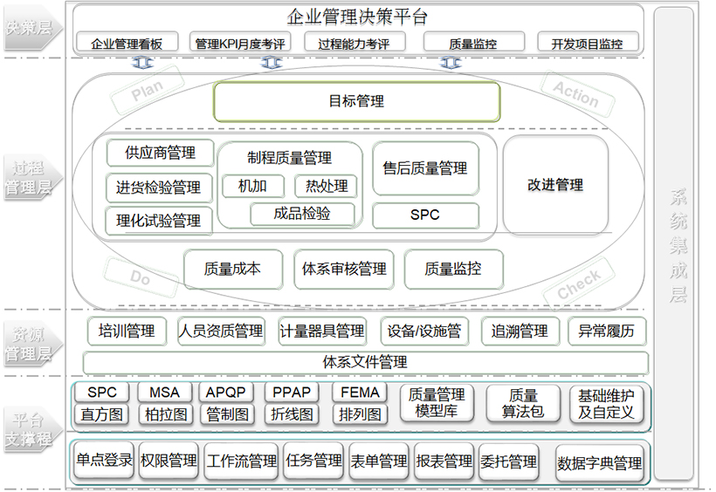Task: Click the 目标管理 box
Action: click(x=356, y=101)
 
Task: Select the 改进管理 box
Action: click(x=555, y=185)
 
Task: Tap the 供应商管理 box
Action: click(x=161, y=153)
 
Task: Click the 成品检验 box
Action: click(x=302, y=213)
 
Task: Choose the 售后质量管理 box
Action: click(x=425, y=168)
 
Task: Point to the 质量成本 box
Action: click(x=232, y=270)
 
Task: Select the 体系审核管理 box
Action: click(x=343, y=270)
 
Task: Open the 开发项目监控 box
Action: click(x=587, y=43)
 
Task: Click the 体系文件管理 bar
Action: click(x=365, y=362)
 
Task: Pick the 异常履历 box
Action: click(x=607, y=331)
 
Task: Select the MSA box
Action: click(x=164, y=393)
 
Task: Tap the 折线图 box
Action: click(x=292, y=414)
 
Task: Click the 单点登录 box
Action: click(x=103, y=461)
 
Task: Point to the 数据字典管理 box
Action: click(x=600, y=464)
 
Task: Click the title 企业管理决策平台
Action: click(x=357, y=17)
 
